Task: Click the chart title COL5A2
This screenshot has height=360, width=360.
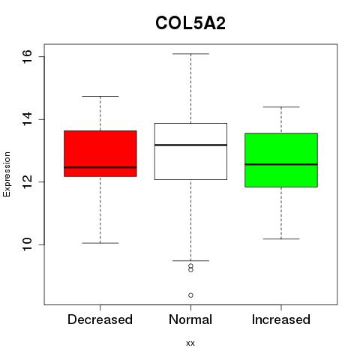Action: point(190,23)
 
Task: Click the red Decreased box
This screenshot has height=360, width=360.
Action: point(100,154)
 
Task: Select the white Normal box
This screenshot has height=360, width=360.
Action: point(190,151)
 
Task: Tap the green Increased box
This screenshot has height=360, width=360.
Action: point(281,160)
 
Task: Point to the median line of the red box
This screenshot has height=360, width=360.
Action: point(100,167)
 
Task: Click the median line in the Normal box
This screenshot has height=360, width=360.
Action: point(190,145)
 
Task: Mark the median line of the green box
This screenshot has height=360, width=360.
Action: point(281,164)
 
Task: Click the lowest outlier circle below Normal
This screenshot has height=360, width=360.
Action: point(190,295)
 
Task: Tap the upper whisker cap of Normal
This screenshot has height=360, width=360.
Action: point(190,54)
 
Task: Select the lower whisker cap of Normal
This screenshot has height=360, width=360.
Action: point(190,261)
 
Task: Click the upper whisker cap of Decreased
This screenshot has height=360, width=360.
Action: point(100,96)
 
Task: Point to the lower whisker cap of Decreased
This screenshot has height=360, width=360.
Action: point(100,243)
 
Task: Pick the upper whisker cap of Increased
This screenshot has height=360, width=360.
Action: point(281,107)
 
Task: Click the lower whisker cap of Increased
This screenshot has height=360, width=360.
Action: point(281,239)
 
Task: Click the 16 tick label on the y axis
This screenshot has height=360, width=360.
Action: point(27,57)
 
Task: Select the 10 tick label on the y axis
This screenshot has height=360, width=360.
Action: point(27,244)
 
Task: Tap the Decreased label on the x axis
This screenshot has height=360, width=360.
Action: point(100,319)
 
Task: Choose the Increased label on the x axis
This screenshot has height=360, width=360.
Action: point(281,319)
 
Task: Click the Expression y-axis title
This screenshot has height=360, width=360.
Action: point(7,174)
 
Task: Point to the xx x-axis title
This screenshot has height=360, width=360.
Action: point(190,343)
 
